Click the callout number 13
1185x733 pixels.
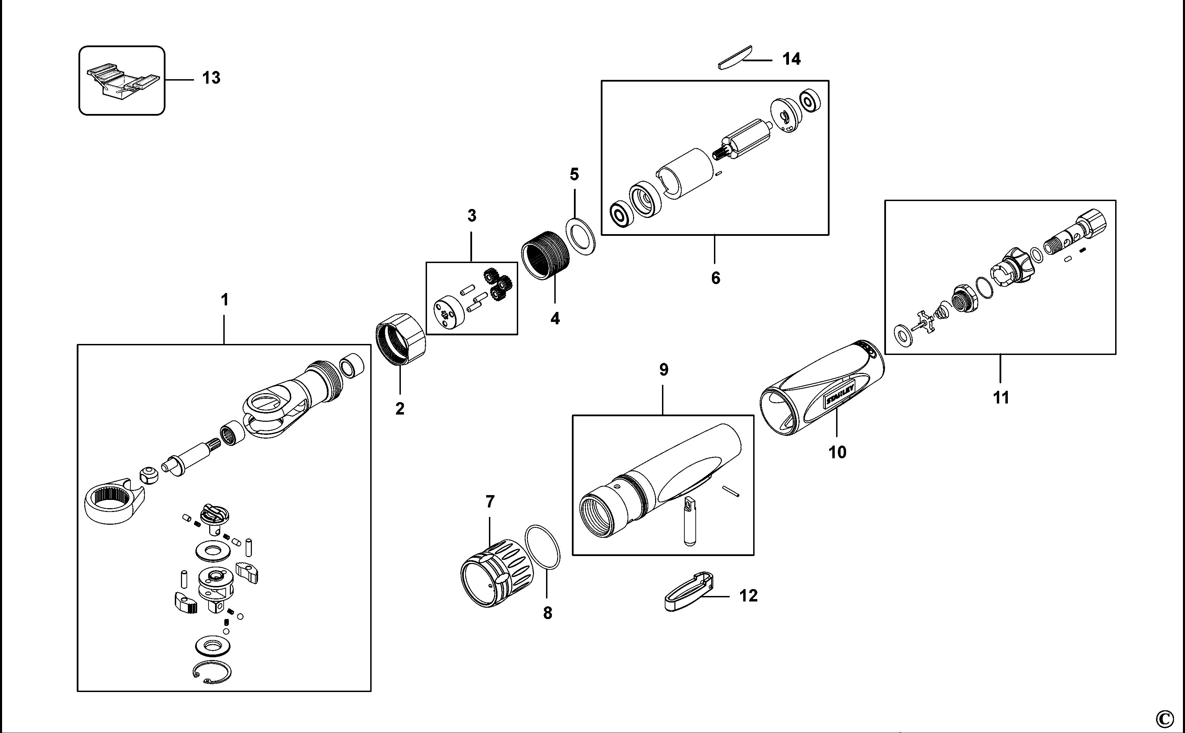(211, 77)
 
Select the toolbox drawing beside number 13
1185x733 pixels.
(124, 81)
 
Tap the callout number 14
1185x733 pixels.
(792, 59)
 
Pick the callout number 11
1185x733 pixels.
(1001, 398)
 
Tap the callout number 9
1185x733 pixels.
(664, 370)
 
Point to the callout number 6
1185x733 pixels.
(716, 278)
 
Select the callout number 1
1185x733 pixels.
(224, 300)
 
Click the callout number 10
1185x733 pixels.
(837, 453)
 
